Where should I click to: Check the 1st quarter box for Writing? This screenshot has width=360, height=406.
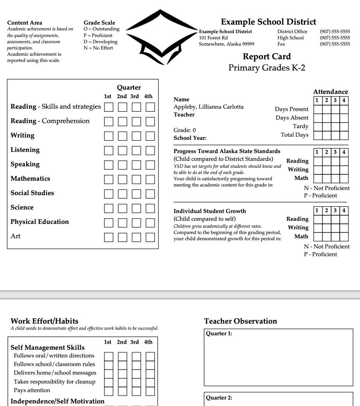coord(109,135)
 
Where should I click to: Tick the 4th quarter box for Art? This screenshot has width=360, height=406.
coord(150,236)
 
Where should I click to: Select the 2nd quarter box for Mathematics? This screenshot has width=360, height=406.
coord(123,179)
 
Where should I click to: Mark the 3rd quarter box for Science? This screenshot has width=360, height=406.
coord(136,207)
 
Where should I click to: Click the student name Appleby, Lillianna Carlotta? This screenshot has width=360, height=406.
coord(208,107)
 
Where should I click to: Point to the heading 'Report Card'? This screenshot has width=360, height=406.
coord(266,56)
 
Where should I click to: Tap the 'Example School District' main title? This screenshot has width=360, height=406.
coord(268,22)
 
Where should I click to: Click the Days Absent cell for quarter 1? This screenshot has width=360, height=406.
coord(317,118)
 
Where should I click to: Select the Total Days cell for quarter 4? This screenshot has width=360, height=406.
coord(344,135)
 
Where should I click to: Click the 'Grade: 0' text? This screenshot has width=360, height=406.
coord(185,130)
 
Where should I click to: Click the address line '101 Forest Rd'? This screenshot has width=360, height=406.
coord(214,38)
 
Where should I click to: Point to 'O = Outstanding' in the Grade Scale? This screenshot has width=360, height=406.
coord(102,29)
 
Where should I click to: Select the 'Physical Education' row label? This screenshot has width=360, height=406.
coord(40,222)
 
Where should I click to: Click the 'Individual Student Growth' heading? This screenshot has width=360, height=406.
coord(210,211)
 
